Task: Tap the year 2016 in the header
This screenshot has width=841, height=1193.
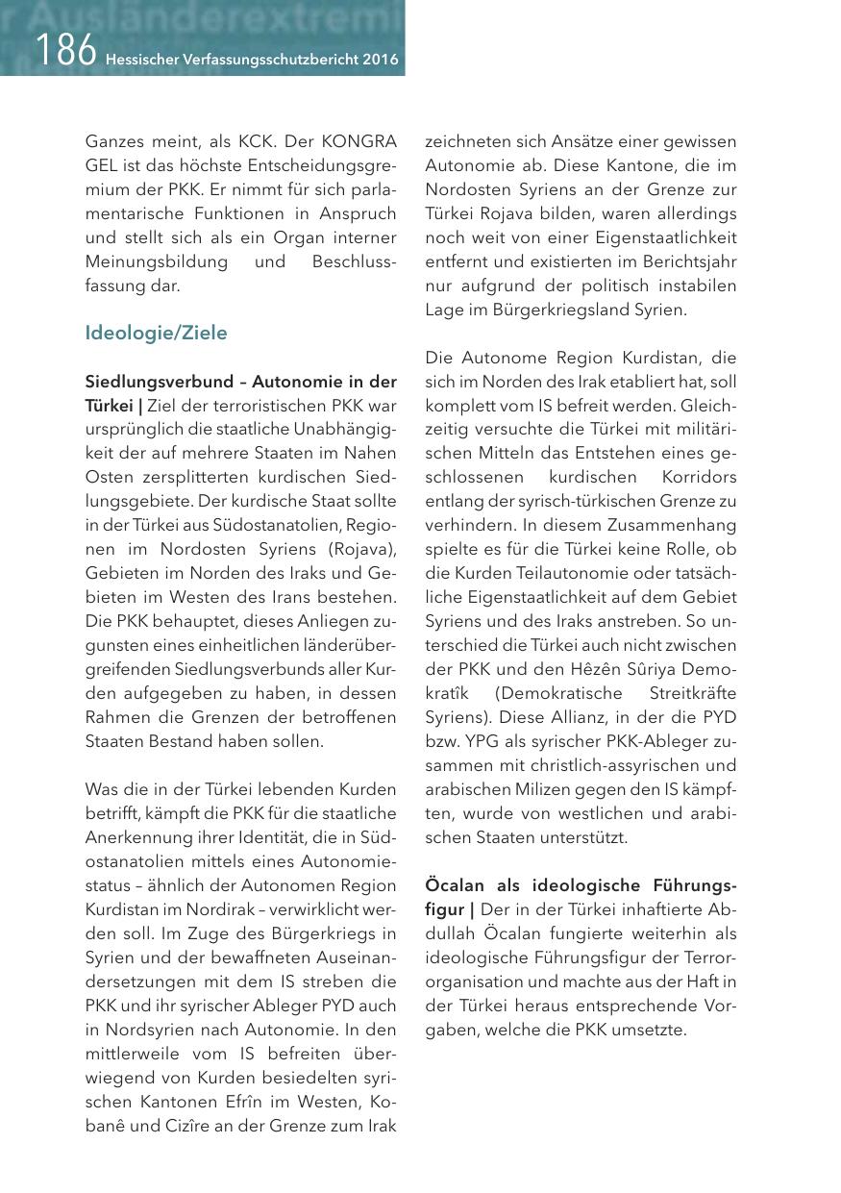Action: click(380, 60)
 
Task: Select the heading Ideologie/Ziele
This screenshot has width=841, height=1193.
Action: click(156, 334)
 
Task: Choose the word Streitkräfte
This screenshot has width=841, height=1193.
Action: click(691, 693)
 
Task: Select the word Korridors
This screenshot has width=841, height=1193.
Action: click(700, 477)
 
